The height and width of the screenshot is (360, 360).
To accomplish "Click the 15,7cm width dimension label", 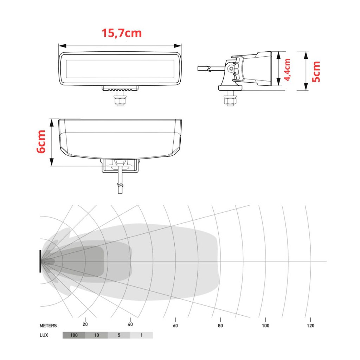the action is click(x=122, y=33).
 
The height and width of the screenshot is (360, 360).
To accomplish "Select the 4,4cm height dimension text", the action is click(x=287, y=70).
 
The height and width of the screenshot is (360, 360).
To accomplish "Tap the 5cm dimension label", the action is click(x=316, y=72).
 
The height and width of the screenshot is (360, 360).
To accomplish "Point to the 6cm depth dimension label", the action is click(x=41, y=142).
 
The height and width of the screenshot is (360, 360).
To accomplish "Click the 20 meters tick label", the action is click(x=85, y=324).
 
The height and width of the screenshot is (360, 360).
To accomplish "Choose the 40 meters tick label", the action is click(x=130, y=324).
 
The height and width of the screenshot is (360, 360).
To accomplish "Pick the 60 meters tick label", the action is click(x=175, y=326).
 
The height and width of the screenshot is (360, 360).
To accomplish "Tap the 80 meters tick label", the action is click(x=220, y=326).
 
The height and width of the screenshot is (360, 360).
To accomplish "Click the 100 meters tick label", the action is click(x=265, y=326).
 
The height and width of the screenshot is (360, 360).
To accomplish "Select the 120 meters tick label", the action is click(x=310, y=326).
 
